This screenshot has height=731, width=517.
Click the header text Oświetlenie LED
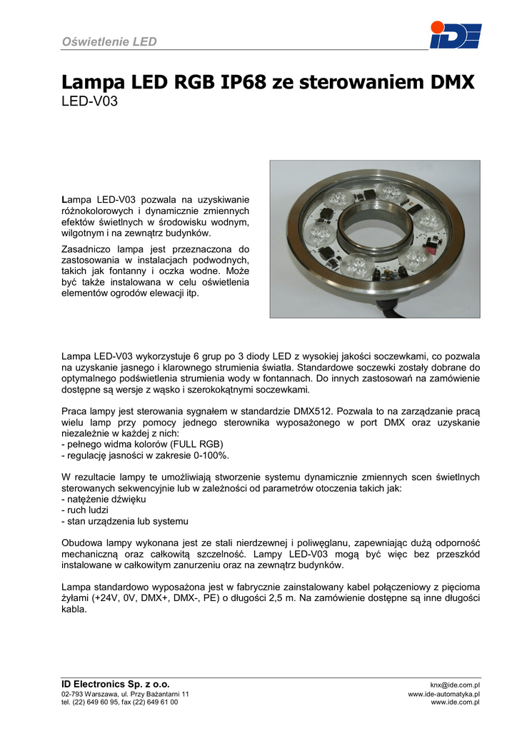tap(109, 41)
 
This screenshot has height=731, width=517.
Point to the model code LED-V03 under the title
tap(89, 102)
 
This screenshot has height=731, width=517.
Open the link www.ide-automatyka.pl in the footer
tap(443, 694)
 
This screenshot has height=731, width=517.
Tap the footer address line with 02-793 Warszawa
tap(125, 694)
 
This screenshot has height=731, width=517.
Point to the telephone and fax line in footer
tap(120, 702)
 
